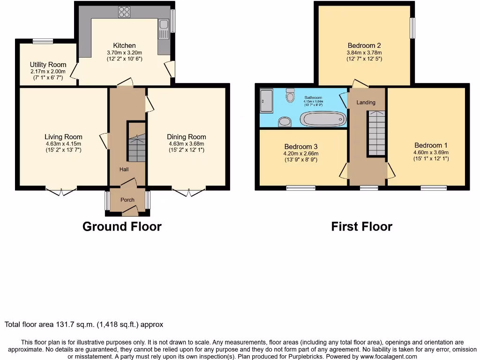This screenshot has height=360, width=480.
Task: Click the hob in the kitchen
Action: click(x=124, y=11)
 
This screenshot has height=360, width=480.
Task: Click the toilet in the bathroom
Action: click(x=290, y=96)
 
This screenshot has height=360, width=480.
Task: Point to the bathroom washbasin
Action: click(x=285, y=122)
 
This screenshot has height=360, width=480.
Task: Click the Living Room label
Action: click(x=64, y=137)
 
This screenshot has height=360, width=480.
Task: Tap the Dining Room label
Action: click(x=187, y=137)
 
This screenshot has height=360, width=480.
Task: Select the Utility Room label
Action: click(x=48, y=65)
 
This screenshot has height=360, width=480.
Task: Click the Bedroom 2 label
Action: click(x=364, y=45)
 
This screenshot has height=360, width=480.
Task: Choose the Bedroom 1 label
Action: click(x=431, y=145)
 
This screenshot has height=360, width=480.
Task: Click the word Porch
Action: click(x=127, y=200)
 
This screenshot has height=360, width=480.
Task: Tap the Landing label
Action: click(x=366, y=102)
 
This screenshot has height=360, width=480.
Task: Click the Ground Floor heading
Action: click(x=122, y=226)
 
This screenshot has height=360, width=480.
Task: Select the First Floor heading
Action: click(x=361, y=226)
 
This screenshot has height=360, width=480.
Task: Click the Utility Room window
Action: click(x=43, y=41)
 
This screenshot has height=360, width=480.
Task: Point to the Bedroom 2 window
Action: click(x=412, y=28)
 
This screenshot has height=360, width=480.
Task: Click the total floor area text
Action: click(x=84, y=324)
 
